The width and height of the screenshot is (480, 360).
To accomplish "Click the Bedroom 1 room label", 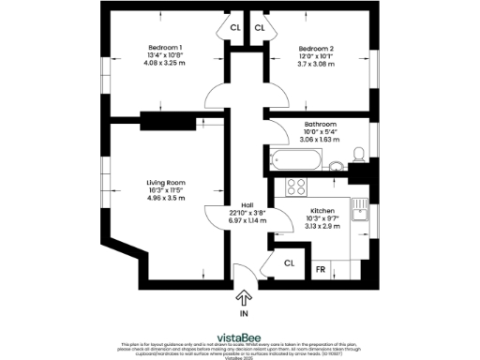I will (164, 48).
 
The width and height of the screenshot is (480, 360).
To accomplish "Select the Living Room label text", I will (165, 182).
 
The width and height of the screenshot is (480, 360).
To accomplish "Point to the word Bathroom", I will (320, 124).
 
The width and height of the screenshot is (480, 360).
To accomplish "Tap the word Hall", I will (247, 205).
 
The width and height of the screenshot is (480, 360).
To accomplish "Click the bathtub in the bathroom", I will (293, 160).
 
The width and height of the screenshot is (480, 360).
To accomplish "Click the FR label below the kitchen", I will (320, 270).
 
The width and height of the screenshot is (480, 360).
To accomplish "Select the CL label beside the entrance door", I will (289, 263).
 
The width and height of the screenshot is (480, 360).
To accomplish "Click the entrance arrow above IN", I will (245, 299).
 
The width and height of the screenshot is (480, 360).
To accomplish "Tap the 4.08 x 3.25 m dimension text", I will (164, 64).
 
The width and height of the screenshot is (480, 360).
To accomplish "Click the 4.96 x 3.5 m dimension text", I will (165, 199).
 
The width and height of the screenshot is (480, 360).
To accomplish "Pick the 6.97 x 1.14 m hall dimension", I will (247, 221).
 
